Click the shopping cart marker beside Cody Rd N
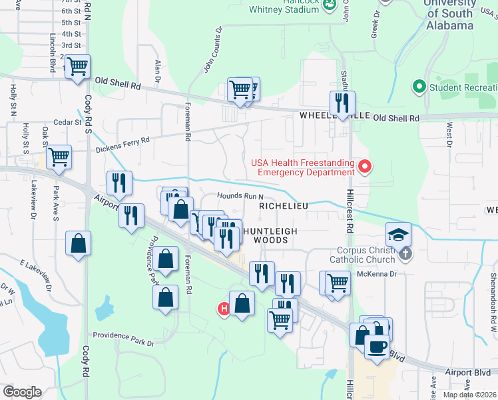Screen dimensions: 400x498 78,67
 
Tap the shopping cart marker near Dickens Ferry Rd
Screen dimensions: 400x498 59,157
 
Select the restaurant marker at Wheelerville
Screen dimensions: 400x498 342,103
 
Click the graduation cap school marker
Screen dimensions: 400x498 398,234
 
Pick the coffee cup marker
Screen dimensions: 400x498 377,347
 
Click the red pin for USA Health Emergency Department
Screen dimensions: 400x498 364,167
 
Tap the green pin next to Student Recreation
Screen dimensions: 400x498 419,87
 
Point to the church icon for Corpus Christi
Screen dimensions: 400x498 405,253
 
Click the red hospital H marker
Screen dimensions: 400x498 224,309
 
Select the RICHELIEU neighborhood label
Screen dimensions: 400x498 284,207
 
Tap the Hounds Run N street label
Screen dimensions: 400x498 240,196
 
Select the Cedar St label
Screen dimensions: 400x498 68,122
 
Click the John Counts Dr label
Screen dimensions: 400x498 212,49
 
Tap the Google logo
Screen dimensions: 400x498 23,392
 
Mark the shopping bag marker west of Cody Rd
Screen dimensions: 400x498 78,243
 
